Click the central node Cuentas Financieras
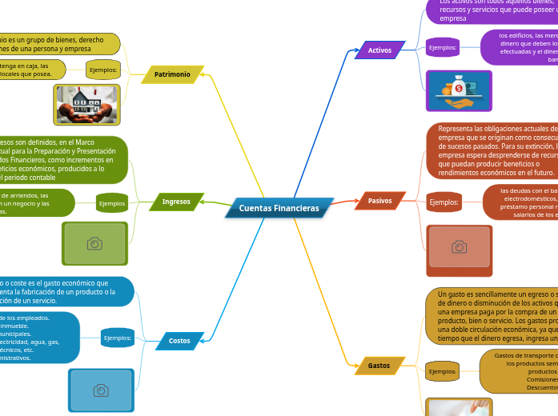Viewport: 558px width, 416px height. (279, 208)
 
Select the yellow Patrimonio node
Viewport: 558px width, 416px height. (172, 74)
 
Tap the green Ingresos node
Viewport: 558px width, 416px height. (176, 202)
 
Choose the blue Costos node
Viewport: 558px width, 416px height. (179, 341)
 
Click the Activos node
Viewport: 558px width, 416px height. (379, 50)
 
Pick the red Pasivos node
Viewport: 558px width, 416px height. (379, 201)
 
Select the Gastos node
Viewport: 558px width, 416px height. (379, 366)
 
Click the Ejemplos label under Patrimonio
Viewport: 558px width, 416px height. (102, 70)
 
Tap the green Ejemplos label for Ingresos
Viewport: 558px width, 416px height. (112, 203)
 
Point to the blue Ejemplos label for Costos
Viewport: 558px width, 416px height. (118, 338)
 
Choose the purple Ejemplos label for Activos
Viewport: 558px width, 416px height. (442, 48)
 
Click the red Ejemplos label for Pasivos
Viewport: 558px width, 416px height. (444, 202)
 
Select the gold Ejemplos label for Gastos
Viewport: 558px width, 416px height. (442, 371)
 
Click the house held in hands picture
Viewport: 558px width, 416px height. (86, 105)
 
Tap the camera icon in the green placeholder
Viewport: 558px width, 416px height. (94, 243)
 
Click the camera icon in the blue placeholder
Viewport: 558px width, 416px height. (101, 390)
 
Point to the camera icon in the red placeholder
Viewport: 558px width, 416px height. (459, 246)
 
